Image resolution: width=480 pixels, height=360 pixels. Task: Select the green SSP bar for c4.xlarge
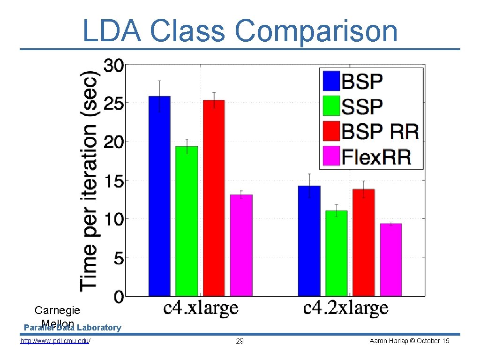tap(187, 221)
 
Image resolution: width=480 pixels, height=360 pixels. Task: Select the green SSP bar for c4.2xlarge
tap(336, 253)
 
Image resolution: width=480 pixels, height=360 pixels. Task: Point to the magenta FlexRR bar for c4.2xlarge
tap(390, 260)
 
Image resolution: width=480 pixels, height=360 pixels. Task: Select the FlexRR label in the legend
tap(376, 157)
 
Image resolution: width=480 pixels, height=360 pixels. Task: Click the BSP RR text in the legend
tap(380, 132)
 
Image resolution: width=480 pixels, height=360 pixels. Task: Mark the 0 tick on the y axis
tap(118, 296)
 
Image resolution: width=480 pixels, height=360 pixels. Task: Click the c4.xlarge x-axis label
tap(201, 308)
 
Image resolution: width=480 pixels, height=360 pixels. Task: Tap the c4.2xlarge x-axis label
tap(346, 308)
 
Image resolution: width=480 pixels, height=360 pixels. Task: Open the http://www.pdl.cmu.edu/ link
tap(55, 341)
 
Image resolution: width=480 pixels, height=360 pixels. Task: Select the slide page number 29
tap(240, 341)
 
